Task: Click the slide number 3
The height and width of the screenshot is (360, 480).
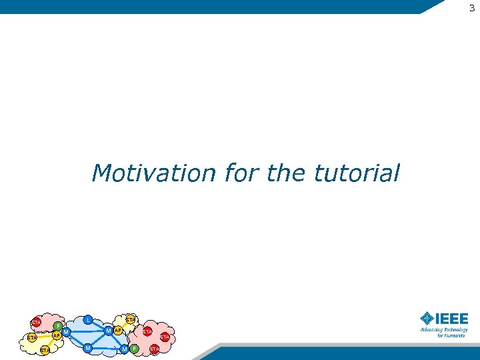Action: click(x=472, y=8)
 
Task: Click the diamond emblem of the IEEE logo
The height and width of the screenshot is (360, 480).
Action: click(x=427, y=318)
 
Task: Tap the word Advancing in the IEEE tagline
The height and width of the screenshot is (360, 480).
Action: click(x=432, y=329)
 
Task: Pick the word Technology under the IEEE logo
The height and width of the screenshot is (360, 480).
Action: click(x=457, y=329)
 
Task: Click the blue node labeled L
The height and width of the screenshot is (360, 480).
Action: click(x=88, y=320)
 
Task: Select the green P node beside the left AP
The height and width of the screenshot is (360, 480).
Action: click(x=58, y=326)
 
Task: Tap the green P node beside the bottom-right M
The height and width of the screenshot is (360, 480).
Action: click(x=134, y=349)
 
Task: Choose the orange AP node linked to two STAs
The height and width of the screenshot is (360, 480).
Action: click(x=57, y=335)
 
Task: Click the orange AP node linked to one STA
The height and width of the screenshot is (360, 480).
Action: click(x=118, y=331)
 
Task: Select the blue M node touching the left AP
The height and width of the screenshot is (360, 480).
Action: click(x=66, y=332)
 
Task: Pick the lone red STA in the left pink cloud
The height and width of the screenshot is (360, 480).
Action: click(x=36, y=323)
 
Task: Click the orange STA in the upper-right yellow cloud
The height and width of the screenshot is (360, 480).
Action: click(x=131, y=321)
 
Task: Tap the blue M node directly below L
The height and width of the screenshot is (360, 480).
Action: click(x=88, y=348)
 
